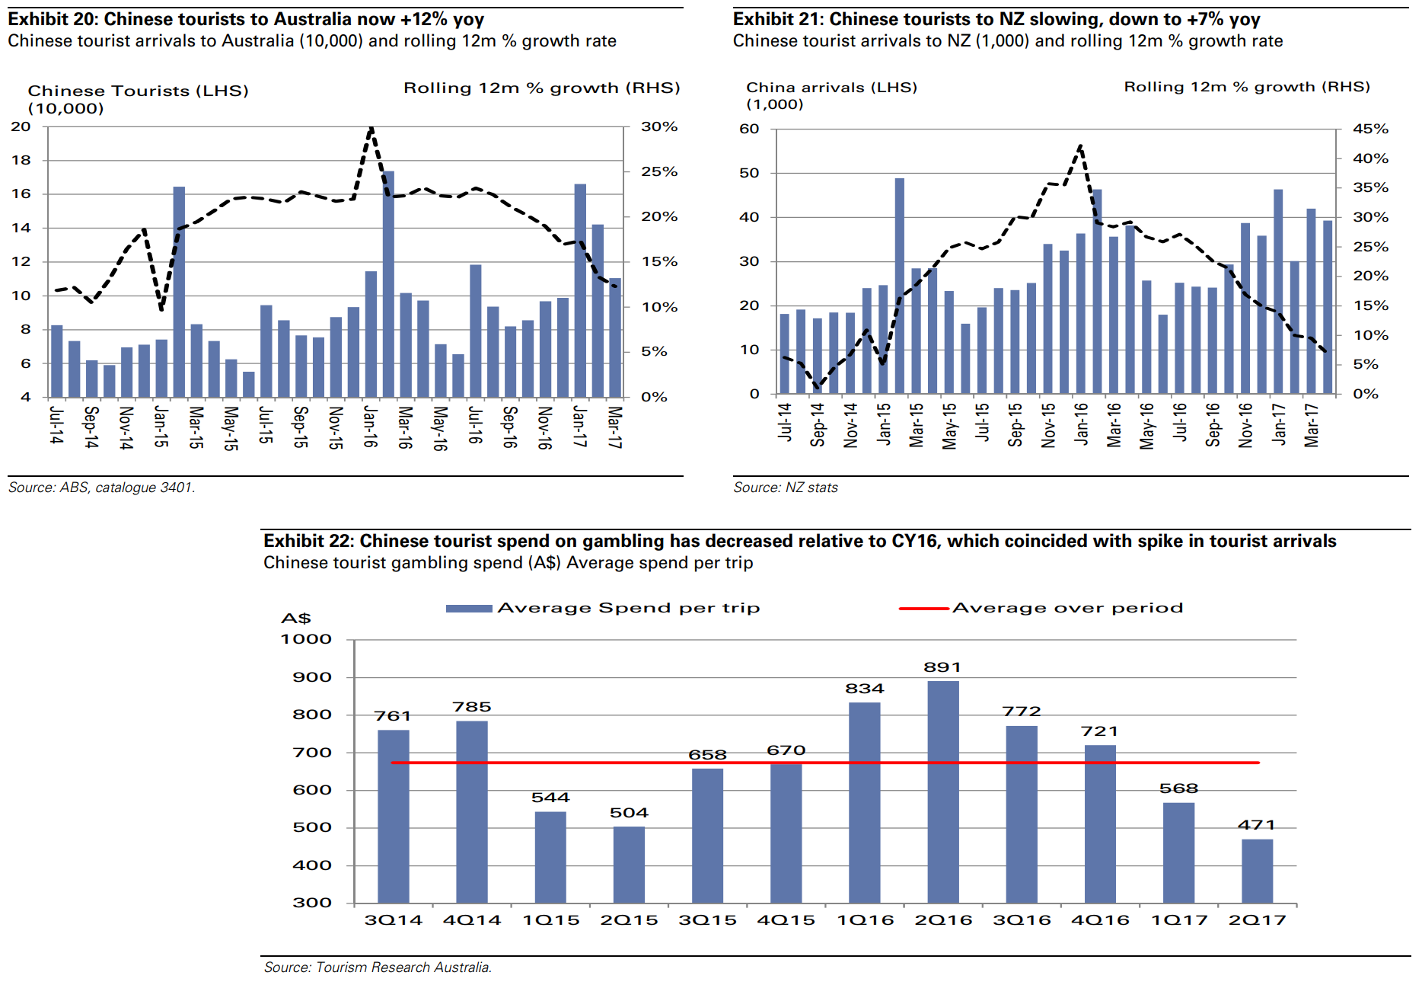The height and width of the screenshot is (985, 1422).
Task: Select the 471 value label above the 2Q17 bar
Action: pyautogui.click(x=1256, y=824)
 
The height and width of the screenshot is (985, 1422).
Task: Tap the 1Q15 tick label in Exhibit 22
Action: pyautogui.click(x=551, y=920)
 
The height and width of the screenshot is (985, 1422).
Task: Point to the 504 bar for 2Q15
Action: pyautogui.click(x=629, y=865)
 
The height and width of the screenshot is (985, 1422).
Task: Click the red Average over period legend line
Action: pyautogui.click(x=923, y=609)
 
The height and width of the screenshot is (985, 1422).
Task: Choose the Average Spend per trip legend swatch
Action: pyautogui.click(x=468, y=609)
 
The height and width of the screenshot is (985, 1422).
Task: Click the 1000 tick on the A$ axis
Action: pyautogui.click(x=307, y=639)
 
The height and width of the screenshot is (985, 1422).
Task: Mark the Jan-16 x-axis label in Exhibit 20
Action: pyautogui.click(x=370, y=427)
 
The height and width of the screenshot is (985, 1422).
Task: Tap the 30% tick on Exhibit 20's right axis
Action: pyautogui.click(x=658, y=126)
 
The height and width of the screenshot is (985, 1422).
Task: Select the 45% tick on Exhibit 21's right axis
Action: pyautogui.click(x=1370, y=129)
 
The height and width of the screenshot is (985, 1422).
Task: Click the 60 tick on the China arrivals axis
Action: pyautogui.click(x=749, y=129)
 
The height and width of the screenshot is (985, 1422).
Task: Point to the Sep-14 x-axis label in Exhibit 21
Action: pyautogui.click(x=818, y=424)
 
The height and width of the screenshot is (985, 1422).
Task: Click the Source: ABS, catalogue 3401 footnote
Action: pyautogui.click(x=102, y=488)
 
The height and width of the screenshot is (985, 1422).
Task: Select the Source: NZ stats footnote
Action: pyautogui.click(x=785, y=488)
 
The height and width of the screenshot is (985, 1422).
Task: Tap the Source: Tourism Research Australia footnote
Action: pyautogui.click(x=378, y=967)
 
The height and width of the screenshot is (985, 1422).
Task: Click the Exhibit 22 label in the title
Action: pyautogui.click(x=308, y=541)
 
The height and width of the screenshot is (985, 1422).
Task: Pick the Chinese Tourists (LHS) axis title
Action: pyautogui.click(x=138, y=91)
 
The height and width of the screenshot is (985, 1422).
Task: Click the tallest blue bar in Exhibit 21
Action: pyautogui.click(x=900, y=286)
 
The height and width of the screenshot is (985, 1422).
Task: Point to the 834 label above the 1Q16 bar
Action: pyautogui.click(x=864, y=689)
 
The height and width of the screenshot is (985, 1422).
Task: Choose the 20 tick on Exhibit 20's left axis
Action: pyautogui.click(x=21, y=126)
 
